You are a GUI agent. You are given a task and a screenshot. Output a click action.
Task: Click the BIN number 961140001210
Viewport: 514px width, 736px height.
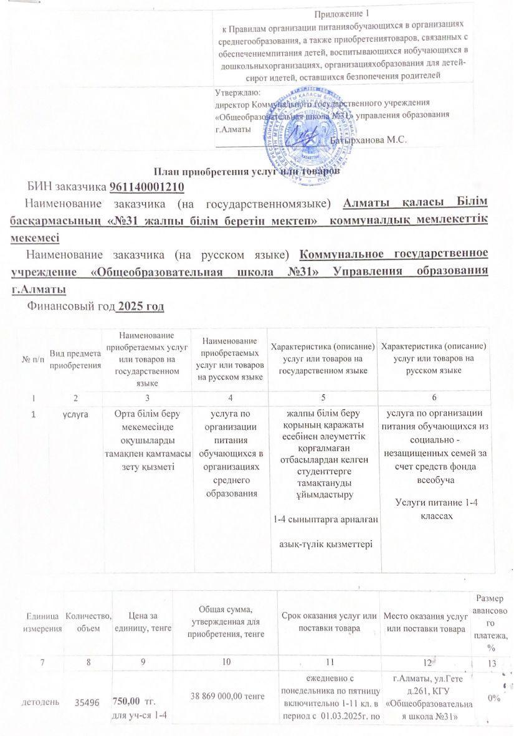point(147,186)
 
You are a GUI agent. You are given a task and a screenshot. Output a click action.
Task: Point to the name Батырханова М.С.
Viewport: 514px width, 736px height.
point(372,140)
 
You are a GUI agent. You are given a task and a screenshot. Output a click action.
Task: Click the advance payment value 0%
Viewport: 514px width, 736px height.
point(496,699)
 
